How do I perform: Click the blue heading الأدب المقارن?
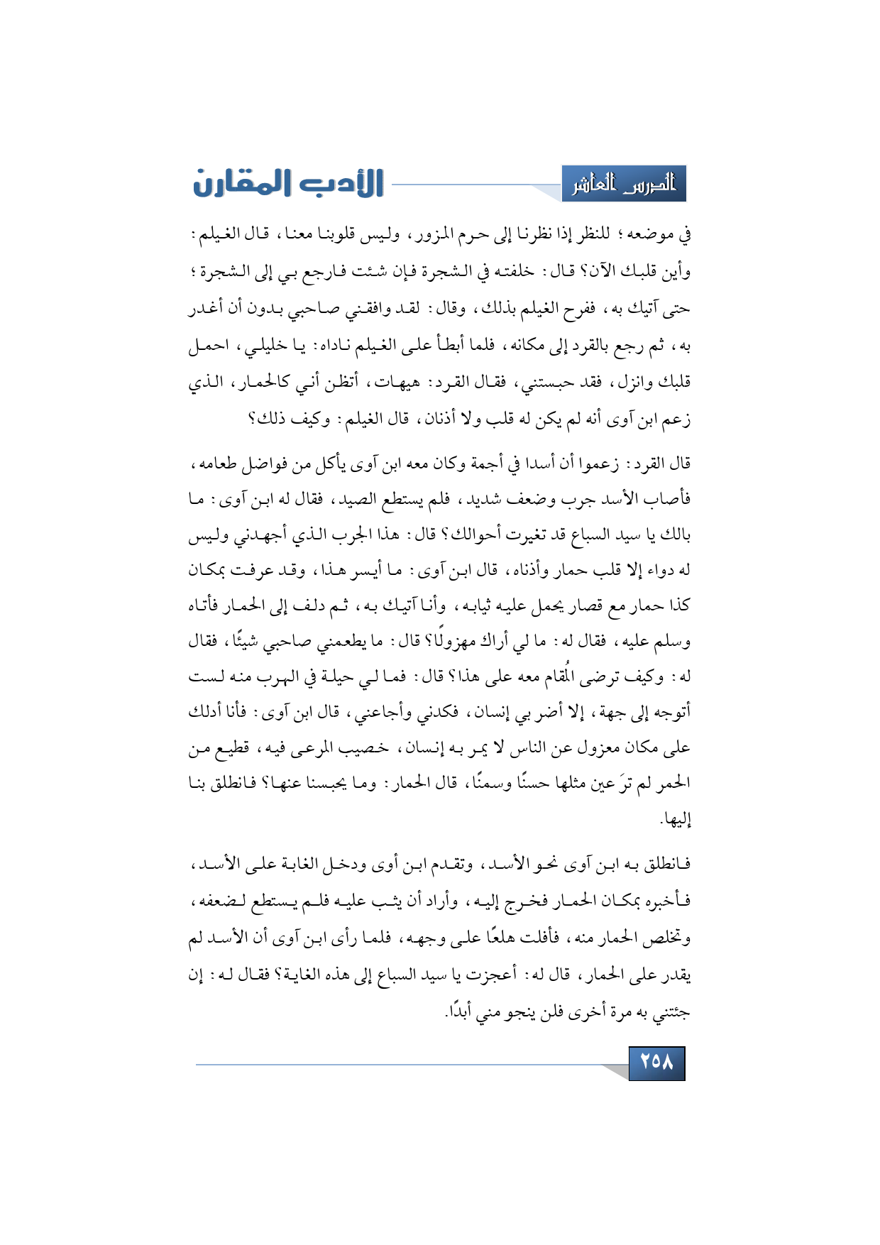click(288, 183)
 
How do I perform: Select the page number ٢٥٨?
click(656, 1063)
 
